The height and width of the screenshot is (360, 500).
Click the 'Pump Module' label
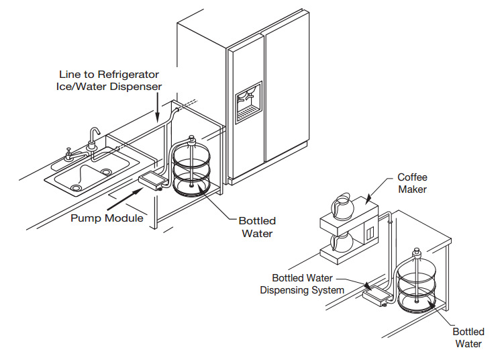pos(107,218)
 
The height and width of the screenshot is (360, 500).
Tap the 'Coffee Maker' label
pos(412,183)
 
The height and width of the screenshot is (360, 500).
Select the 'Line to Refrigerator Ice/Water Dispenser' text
pos(108,81)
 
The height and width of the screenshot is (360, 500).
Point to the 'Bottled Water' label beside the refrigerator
pos(257,227)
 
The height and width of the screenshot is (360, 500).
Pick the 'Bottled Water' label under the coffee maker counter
pos(468,338)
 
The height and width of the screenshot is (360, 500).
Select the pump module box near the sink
pos(152,180)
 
